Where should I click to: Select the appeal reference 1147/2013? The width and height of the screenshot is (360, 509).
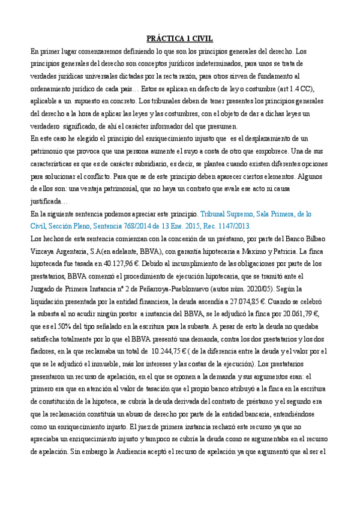click(x=217, y=226)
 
